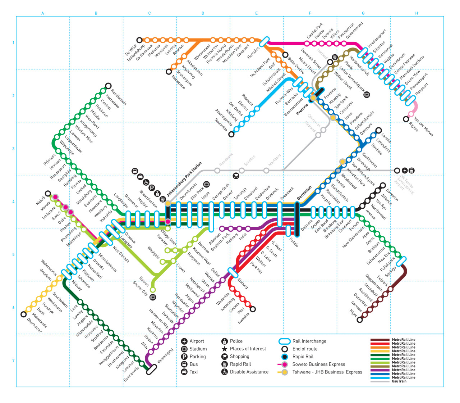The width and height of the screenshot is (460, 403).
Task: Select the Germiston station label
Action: coord(304,193)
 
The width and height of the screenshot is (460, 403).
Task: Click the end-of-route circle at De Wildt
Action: coord(139,40)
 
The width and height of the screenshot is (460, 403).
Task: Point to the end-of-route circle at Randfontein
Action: coord(108,86)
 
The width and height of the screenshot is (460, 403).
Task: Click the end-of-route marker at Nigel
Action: coord(360,320)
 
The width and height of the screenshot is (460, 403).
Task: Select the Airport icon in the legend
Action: coord(184,341)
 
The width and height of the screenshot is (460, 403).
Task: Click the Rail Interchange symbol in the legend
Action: coord(284,341)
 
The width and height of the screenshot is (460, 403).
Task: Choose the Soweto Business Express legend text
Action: coord(318,364)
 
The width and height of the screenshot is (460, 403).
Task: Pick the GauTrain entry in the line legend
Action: coord(399,381)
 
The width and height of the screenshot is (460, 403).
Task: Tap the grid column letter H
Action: coord(417,13)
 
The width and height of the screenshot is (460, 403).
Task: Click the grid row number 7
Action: coord(14,361)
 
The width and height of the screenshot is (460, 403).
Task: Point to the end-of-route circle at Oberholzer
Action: coord(24,314)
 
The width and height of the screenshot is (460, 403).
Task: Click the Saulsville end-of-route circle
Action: coord(231,134)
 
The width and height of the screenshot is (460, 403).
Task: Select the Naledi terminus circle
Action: coord(48,194)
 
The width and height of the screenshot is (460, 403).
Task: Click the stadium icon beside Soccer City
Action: coord(153,297)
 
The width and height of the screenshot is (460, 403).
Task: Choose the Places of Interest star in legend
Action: coord(225,349)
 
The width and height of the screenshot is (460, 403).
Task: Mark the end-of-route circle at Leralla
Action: coord(378,130)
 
